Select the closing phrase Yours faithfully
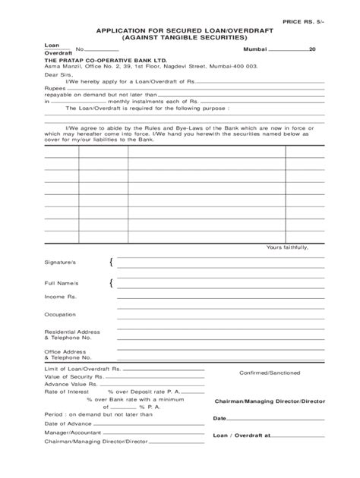[x=286, y=247]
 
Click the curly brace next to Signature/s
[x=112, y=263]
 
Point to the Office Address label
[x=63, y=352]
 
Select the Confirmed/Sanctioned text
[x=270, y=373]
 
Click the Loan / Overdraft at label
[x=242, y=436]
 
